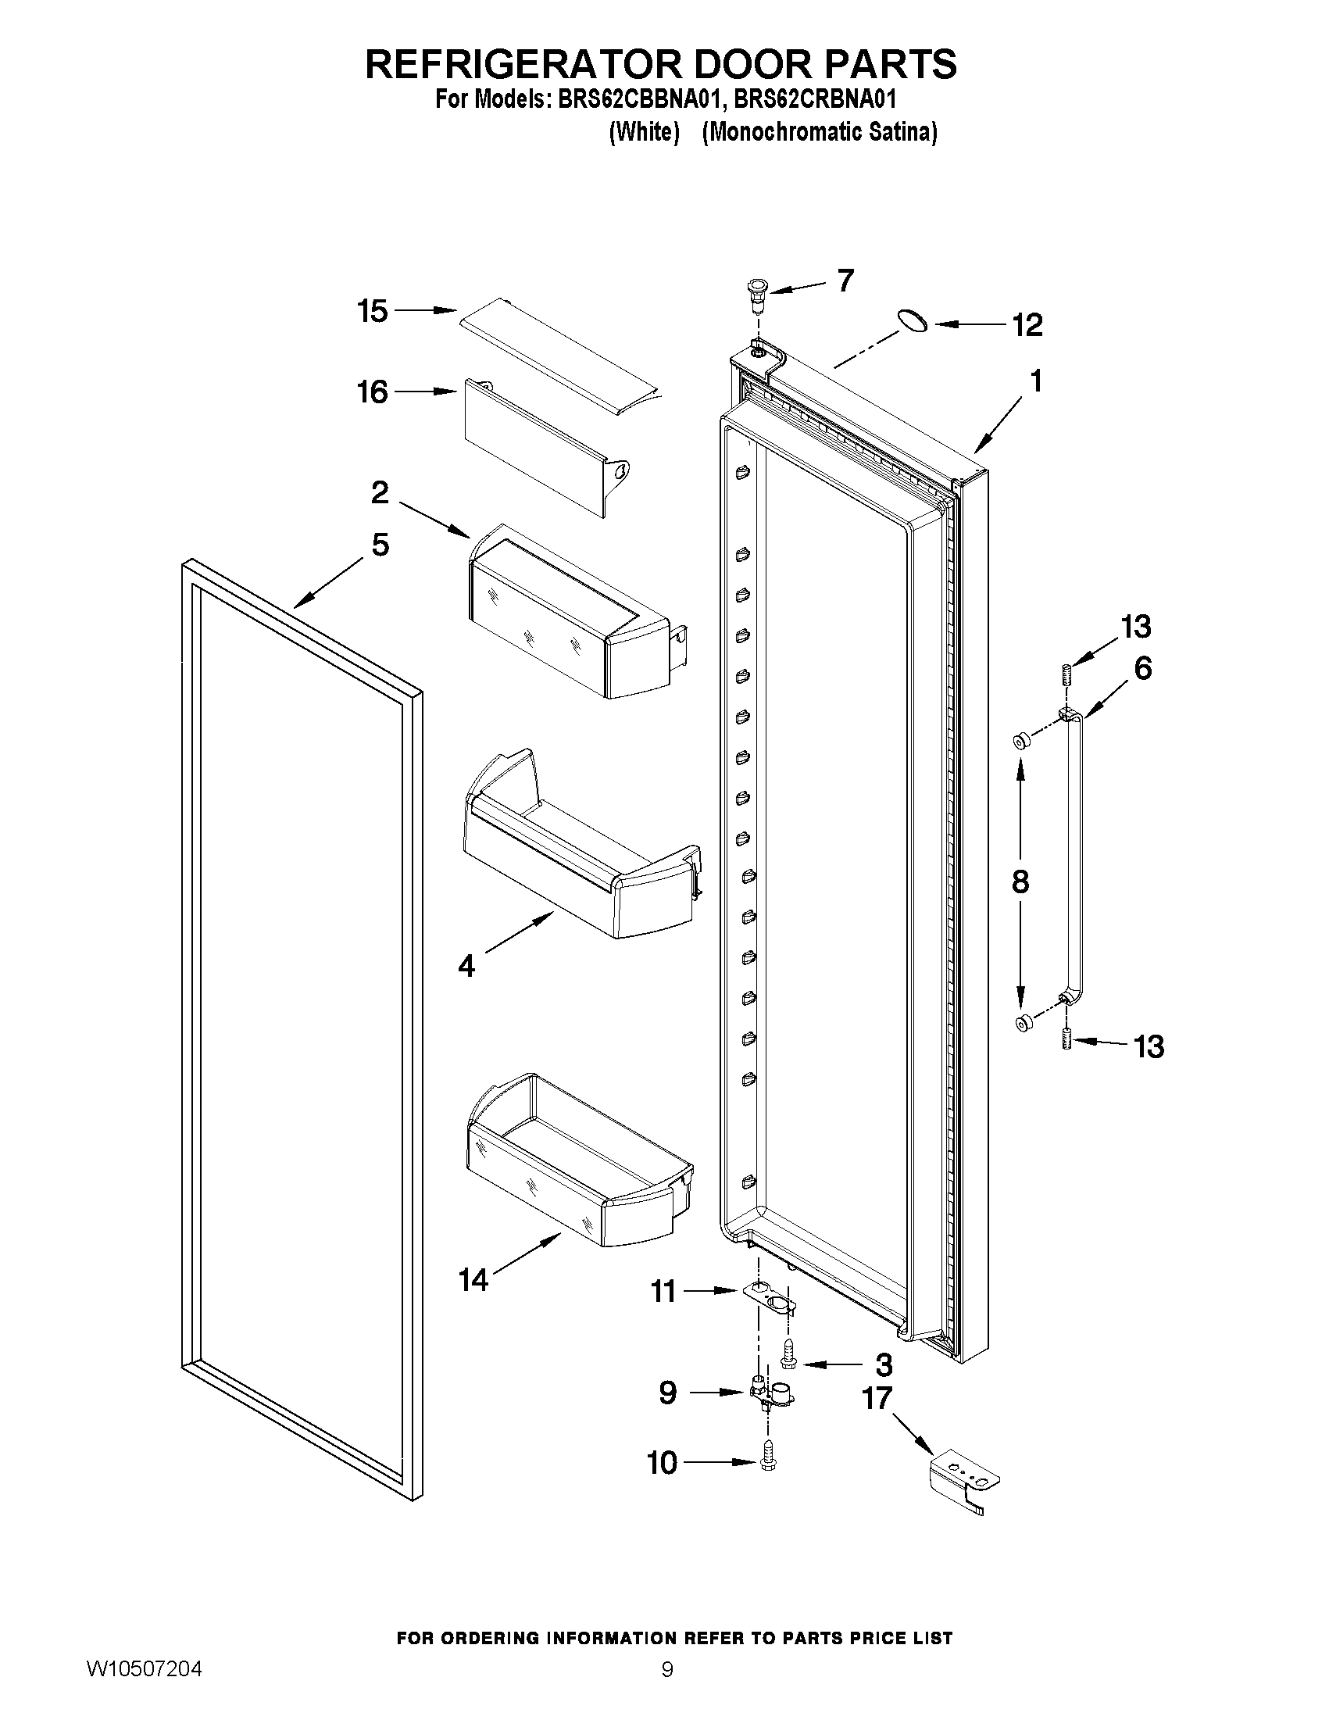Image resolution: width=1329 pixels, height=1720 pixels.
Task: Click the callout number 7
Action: point(845,281)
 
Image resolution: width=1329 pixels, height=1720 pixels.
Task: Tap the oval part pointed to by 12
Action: point(912,321)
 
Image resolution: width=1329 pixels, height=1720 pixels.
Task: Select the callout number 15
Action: point(373,311)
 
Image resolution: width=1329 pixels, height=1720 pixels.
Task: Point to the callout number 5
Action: point(380,545)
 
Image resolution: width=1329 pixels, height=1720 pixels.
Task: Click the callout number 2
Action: point(380,493)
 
